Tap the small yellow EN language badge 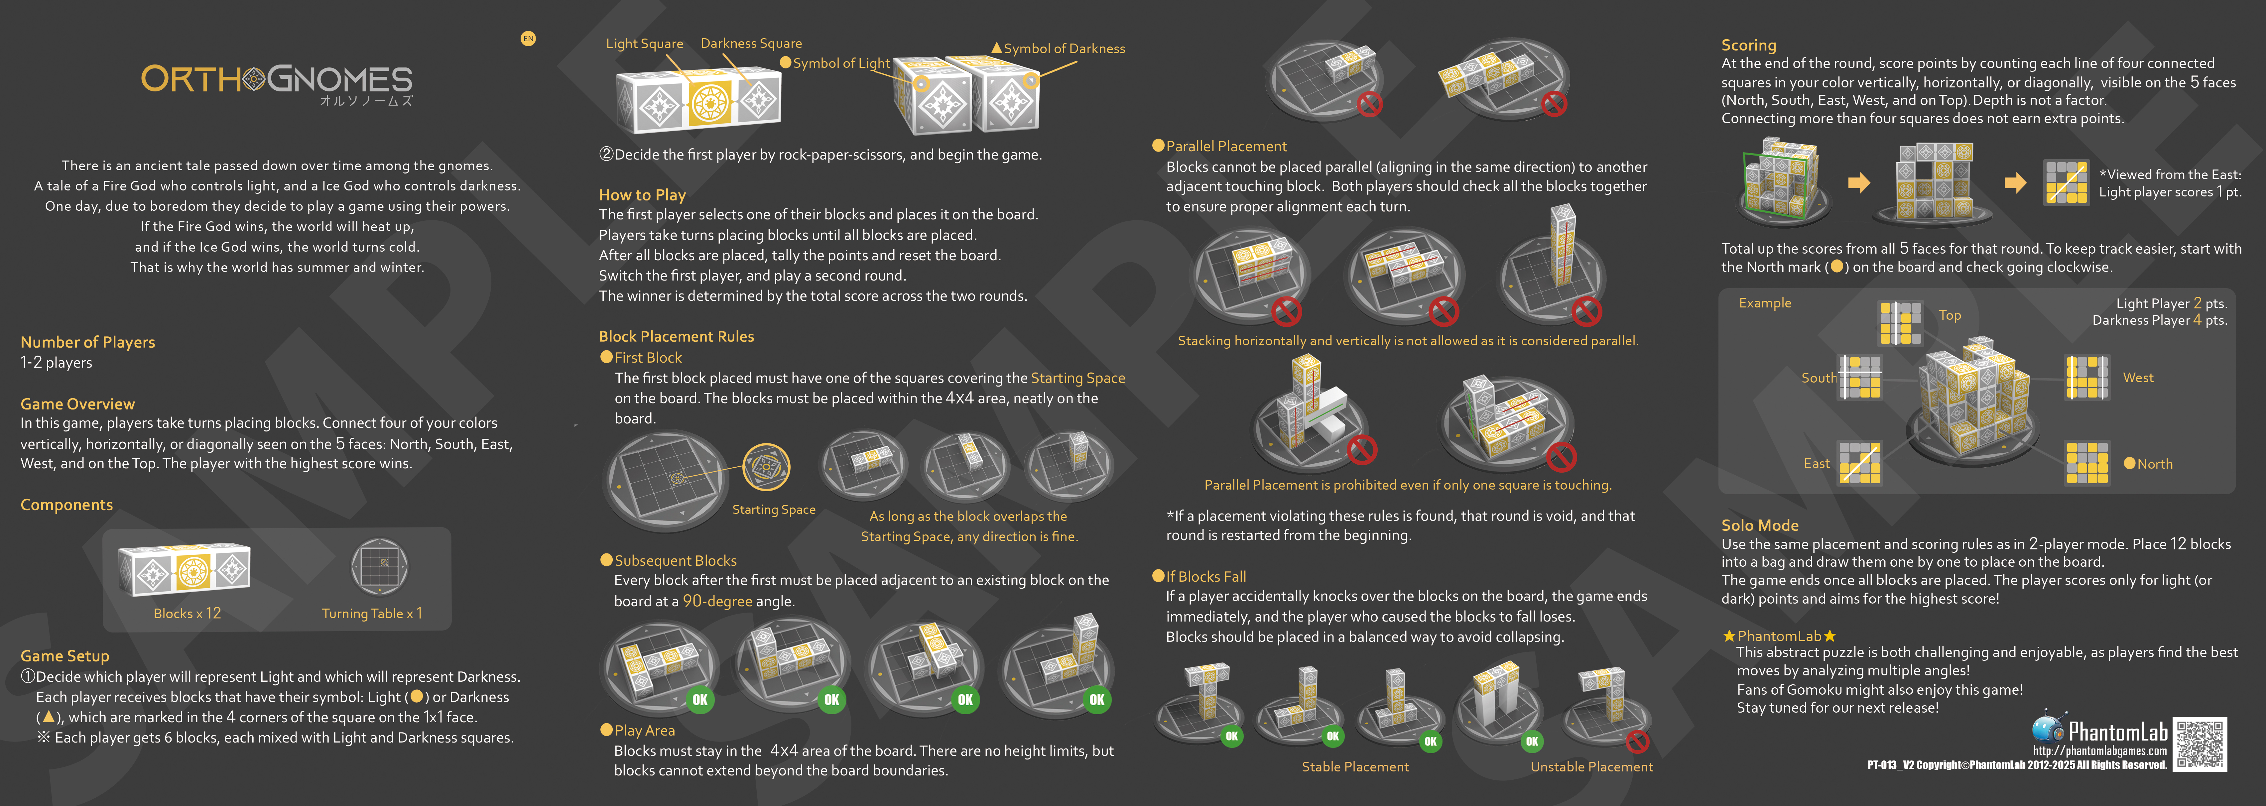(x=528, y=39)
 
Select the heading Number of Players (x=88, y=342)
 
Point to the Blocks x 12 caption (x=188, y=613)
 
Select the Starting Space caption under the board (x=774, y=510)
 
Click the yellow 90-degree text (x=718, y=601)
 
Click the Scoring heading (x=1749, y=45)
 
